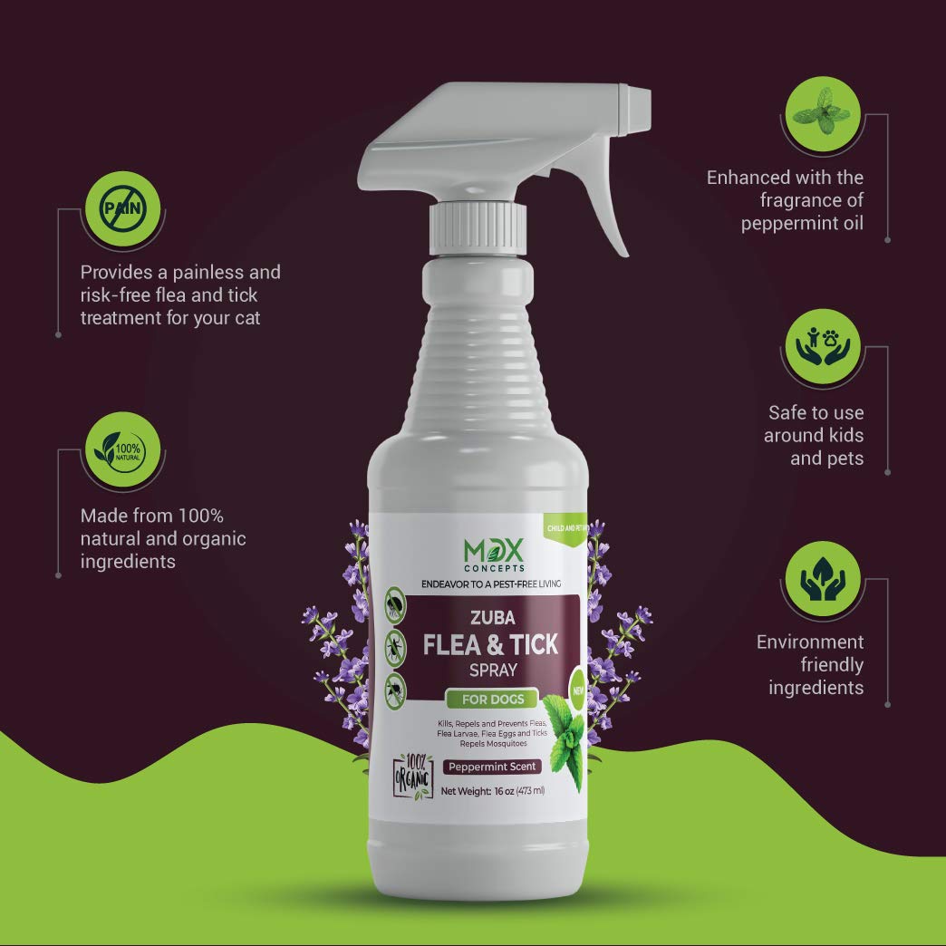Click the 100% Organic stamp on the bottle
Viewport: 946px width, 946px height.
click(x=413, y=771)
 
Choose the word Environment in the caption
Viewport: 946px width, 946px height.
click(x=810, y=642)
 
